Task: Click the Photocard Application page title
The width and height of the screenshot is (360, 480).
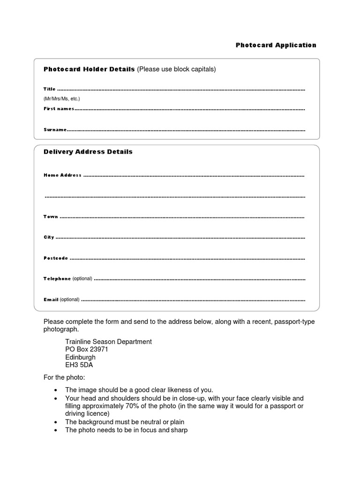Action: [276, 45]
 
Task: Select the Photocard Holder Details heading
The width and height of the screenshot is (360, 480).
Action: [89, 69]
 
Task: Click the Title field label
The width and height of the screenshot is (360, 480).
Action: [50, 89]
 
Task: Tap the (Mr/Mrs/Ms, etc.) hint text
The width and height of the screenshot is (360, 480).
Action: [62, 99]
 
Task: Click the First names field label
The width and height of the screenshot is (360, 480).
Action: [59, 109]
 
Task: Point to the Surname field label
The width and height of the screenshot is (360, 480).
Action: [54, 130]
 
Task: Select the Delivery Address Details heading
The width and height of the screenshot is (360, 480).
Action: [88, 152]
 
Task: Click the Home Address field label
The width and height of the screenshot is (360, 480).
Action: [62, 175]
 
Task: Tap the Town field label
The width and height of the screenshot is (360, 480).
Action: [51, 217]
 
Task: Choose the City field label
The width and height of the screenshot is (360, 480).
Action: [49, 238]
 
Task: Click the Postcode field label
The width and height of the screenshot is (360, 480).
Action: [56, 258]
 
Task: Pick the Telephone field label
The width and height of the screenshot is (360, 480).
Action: [57, 279]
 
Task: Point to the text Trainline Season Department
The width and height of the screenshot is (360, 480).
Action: [108, 342]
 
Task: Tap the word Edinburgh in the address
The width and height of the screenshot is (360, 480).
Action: [80, 358]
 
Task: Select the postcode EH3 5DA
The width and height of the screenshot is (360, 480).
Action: [82, 365]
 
